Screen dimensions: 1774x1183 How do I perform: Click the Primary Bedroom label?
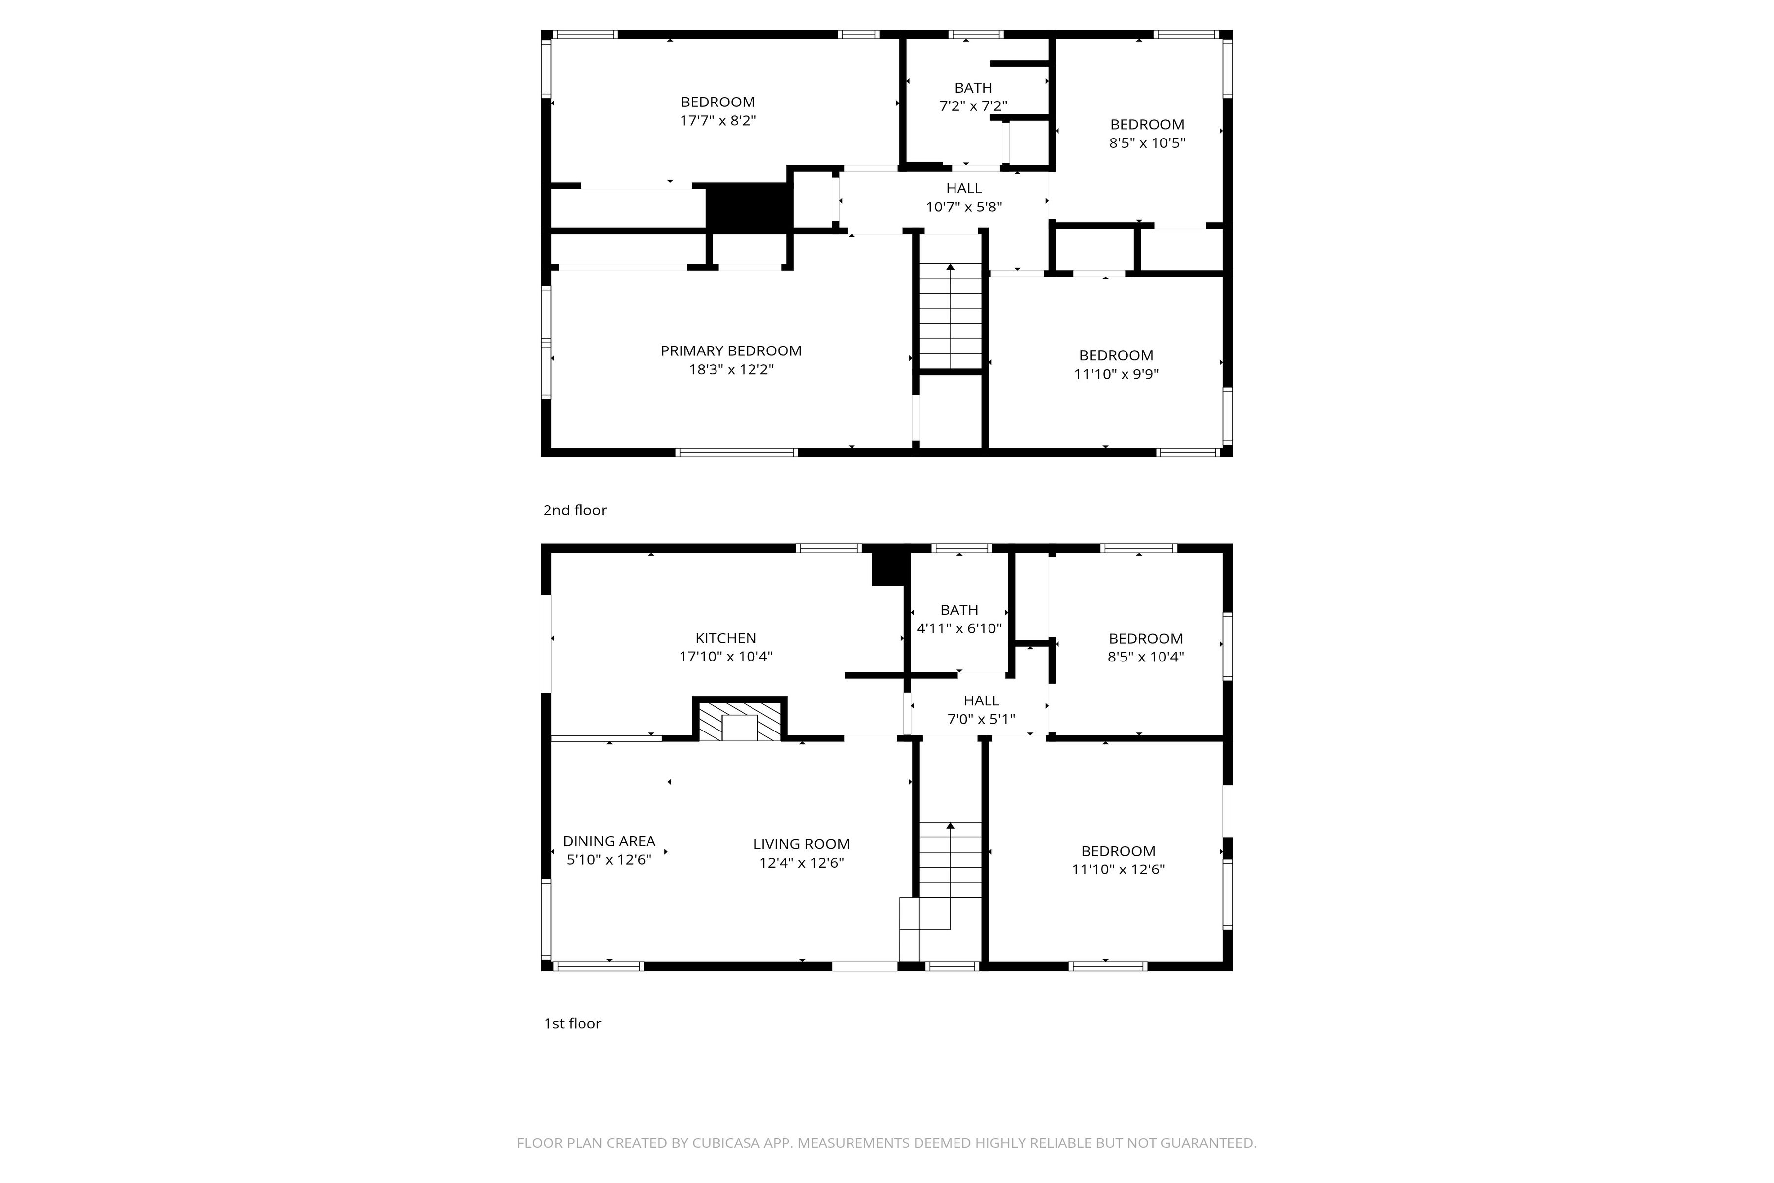pyautogui.click(x=731, y=351)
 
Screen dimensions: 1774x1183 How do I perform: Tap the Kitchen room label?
pyautogui.click(x=725, y=638)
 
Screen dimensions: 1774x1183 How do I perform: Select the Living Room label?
pyautogui.click(x=801, y=844)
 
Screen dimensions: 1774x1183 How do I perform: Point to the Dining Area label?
pyautogui.click(x=609, y=841)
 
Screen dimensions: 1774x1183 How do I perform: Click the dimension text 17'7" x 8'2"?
pyautogui.click(x=718, y=121)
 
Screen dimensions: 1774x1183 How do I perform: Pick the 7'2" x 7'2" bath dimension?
pyautogui.click(x=973, y=106)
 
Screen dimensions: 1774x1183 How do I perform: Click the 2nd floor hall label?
pyautogui.click(x=964, y=189)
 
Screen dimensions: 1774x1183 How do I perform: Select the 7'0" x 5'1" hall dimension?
pyautogui.click(x=981, y=719)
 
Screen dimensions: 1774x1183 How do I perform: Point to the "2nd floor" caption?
pyautogui.click(x=575, y=510)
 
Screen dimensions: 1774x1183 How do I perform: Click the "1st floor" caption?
pyautogui.click(x=573, y=1024)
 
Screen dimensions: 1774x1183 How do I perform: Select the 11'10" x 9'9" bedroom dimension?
pyautogui.click(x=1116, y=374)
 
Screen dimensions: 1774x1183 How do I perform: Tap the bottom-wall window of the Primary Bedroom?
pyautogui.click(x=736, y=452)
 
